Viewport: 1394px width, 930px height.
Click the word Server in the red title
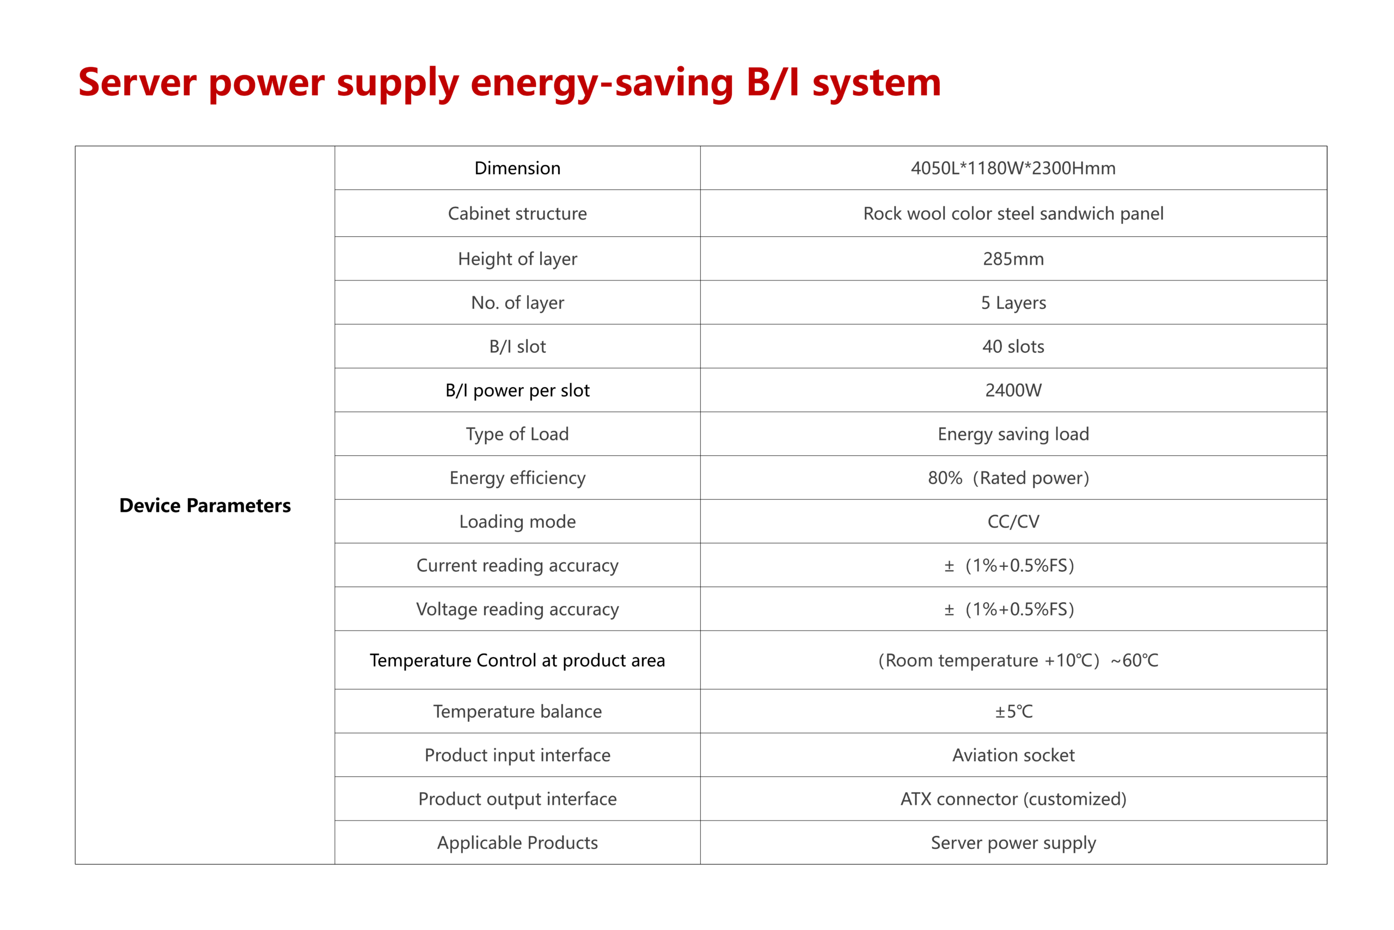[137, 82]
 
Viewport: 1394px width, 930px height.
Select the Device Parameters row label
[205, 505]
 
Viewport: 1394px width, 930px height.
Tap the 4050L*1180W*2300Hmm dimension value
[1013, 168]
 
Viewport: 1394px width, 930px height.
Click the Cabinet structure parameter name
[517, 213]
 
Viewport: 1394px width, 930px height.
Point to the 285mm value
[1013, 259]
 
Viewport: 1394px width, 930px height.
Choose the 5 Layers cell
[1013, 303]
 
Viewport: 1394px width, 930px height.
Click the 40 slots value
[1013, 346]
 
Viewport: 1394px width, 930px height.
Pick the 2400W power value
[1013, 390]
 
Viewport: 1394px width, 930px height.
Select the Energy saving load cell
[1013, 434]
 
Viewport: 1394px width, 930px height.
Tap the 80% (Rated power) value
[1009, 478]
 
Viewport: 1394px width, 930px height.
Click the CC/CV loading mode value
[1013, 522]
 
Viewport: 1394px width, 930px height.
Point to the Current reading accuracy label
[517, 566]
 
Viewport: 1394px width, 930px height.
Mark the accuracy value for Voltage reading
[1010, 609]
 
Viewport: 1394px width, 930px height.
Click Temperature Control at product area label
[517, 660]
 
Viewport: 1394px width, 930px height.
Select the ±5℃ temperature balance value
[1014, 712]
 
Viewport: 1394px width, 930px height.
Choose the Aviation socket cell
[1013, 755]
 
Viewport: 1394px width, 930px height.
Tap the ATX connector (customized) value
[1013, 799]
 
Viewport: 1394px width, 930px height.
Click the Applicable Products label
[517, 843]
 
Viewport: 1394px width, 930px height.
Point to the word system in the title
[877, 83]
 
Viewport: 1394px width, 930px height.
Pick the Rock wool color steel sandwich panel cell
[1013, 213]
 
